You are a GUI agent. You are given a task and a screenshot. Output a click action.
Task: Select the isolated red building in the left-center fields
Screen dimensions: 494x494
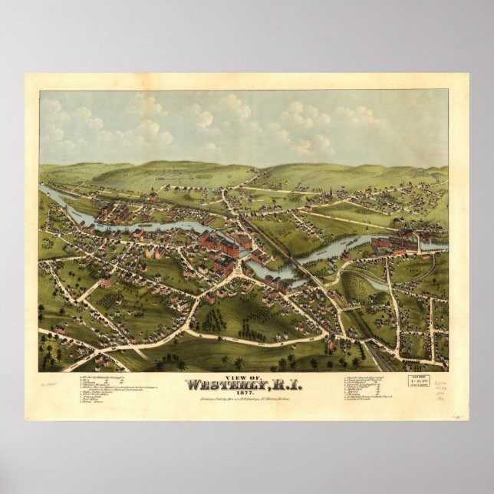point(106,282)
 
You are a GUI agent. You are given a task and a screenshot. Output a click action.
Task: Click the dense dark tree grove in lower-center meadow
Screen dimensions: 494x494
point(213,321)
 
